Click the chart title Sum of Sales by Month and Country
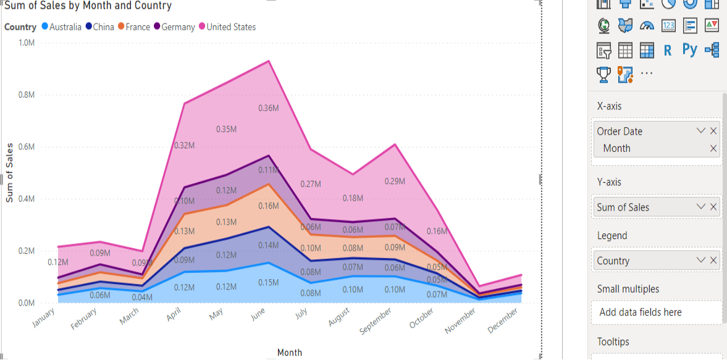pos(88,6)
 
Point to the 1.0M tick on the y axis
pos(27,43)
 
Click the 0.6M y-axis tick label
pos(27,147)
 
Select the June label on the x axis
pos(258,316)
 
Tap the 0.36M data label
pos(268,108)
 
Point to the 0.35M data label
pos(226,130)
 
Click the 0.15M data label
pos(268,283)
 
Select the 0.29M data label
pos(395,182)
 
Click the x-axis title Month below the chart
pos(290,353)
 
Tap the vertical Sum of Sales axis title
pos(9,173)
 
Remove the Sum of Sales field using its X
pos(713,207)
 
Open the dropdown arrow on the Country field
pos(700,260)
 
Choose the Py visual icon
pos(690,50)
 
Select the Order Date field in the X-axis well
pos(620,131)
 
